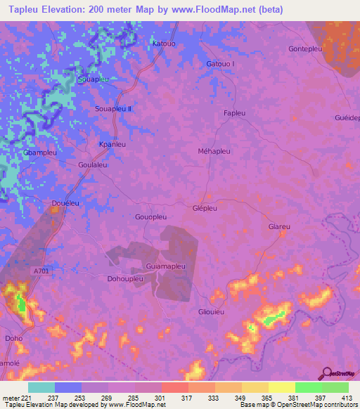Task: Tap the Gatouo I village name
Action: coord(220,64)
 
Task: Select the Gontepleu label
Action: coord(304,48)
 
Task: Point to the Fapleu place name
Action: coord(234,113)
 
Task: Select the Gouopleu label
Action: coord(150,217)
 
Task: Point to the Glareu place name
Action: coord(279,227)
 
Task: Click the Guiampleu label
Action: coord(165,266)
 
